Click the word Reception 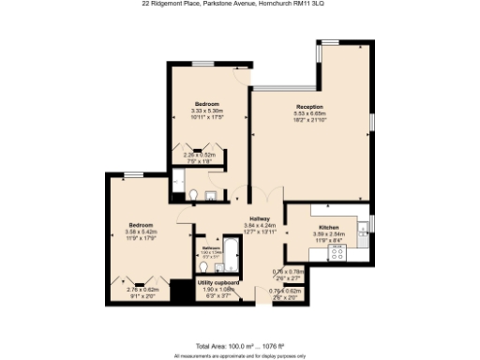309,107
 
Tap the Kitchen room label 328,228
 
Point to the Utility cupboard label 217,280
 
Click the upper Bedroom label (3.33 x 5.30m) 207,103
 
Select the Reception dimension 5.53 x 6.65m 309,113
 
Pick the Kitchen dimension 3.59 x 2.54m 328,234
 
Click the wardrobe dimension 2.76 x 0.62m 143,289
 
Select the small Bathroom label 211,247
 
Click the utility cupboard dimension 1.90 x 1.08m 217,288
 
